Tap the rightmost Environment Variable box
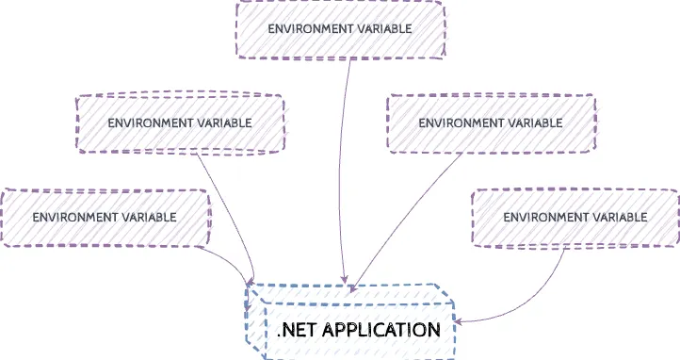coord(575,217)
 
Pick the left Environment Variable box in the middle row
coord(179,123)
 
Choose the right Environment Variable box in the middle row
coord(490,123)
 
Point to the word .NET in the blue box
coord(296,330)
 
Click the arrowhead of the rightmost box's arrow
coord(460,320)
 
